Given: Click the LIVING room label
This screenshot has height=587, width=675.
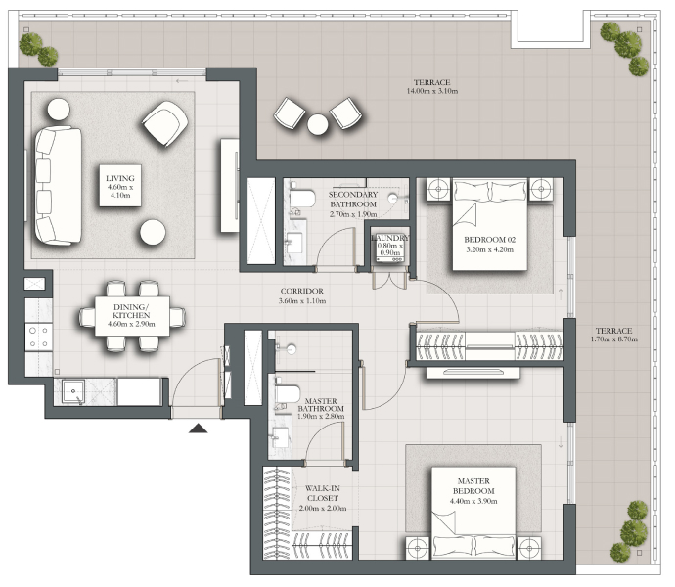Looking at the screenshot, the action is [x=120, y=178].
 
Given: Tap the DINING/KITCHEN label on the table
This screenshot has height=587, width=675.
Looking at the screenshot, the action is [x=131, y=311].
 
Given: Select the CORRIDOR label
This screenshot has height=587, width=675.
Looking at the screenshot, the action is [x=301, y=292].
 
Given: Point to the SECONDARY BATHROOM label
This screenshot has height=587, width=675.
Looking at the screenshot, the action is [x=353, y=200].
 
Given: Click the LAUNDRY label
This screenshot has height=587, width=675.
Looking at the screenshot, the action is [x=390, y=238].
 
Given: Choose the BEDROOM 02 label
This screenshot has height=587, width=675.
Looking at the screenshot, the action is [x=489, y=240].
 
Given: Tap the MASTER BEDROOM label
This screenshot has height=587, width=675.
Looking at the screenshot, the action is [x=473, y=486].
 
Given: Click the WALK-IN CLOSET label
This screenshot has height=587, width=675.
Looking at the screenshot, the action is [x=323, y=493].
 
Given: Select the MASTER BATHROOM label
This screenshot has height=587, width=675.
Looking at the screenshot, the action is [x=321, y=405].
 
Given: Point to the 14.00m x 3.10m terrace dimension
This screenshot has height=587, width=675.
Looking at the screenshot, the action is [x=432, y=91].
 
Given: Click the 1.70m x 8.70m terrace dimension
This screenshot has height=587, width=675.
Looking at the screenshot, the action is [x=614, y=339].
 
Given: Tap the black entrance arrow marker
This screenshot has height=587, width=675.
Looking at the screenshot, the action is [x=198, y=428].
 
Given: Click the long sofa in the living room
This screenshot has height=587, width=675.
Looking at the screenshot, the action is [x=58, y=186].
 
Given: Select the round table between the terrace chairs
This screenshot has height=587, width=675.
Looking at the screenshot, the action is [x=318, y=124].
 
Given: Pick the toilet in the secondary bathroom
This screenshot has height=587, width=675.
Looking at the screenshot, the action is [x=301, y=199].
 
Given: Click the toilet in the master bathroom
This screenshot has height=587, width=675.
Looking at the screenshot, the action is [x=287, y=393].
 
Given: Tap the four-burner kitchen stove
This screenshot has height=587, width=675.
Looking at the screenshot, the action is [x=39, y=338].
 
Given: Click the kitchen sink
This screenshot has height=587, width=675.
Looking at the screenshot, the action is [x=73, y=391].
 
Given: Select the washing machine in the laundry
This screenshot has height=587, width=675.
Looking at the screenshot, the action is [x=389, y=249].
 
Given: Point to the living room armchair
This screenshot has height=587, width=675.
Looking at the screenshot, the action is [x=165, y=123].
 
